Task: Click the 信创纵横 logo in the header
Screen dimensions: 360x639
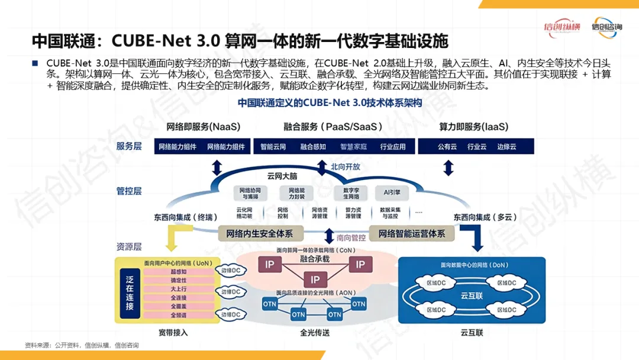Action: (562, 27)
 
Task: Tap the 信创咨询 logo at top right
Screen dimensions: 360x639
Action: (607, 27)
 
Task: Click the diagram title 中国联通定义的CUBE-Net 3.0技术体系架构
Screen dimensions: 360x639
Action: (330, 102)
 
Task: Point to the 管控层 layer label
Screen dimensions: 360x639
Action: (129, 191)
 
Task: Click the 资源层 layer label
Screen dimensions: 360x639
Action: (129, 246)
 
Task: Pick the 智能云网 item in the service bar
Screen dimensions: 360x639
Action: (273, 147)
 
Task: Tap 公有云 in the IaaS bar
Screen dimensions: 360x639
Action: (447, 147)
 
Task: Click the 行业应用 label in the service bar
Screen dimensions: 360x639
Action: (393, 147)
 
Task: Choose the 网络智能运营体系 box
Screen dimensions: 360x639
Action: (412, 233)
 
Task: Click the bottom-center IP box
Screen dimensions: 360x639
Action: (315, 280)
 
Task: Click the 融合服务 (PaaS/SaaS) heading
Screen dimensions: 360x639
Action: (333, 127)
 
